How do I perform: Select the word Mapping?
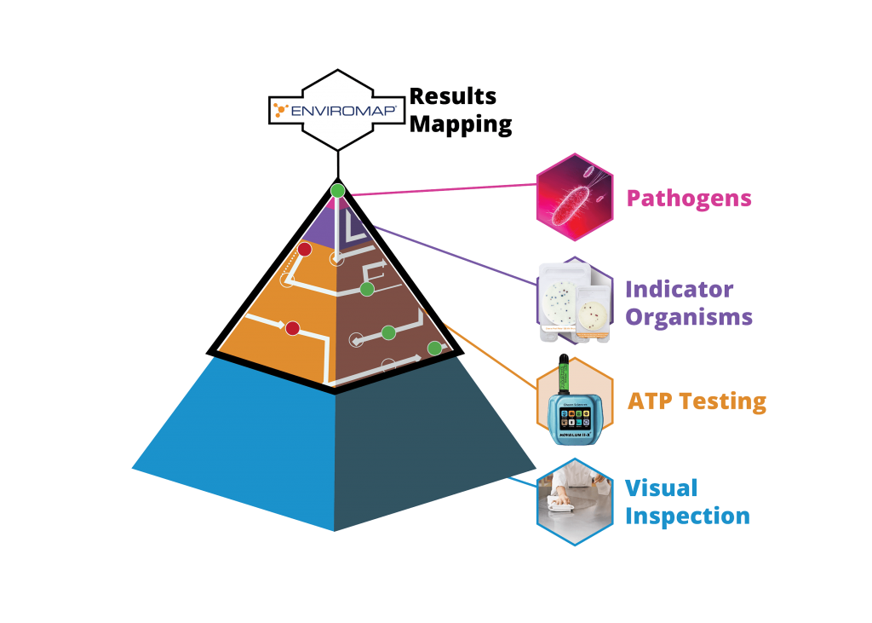click(x=461, y=124)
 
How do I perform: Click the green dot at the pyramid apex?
click(x=338, y=190)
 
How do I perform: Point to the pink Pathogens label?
click(x=689, y=199)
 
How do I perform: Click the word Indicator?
click(x=679, y=288)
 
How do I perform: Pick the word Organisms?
click(x=689, y=318)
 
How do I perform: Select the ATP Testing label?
click(x=696, y=401)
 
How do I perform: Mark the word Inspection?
click(x=687, y=516)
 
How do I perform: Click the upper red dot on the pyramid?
click(x=303, y=250)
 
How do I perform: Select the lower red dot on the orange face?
click(x=292, y=328)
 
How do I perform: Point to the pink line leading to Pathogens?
click(x=443, y=191)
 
